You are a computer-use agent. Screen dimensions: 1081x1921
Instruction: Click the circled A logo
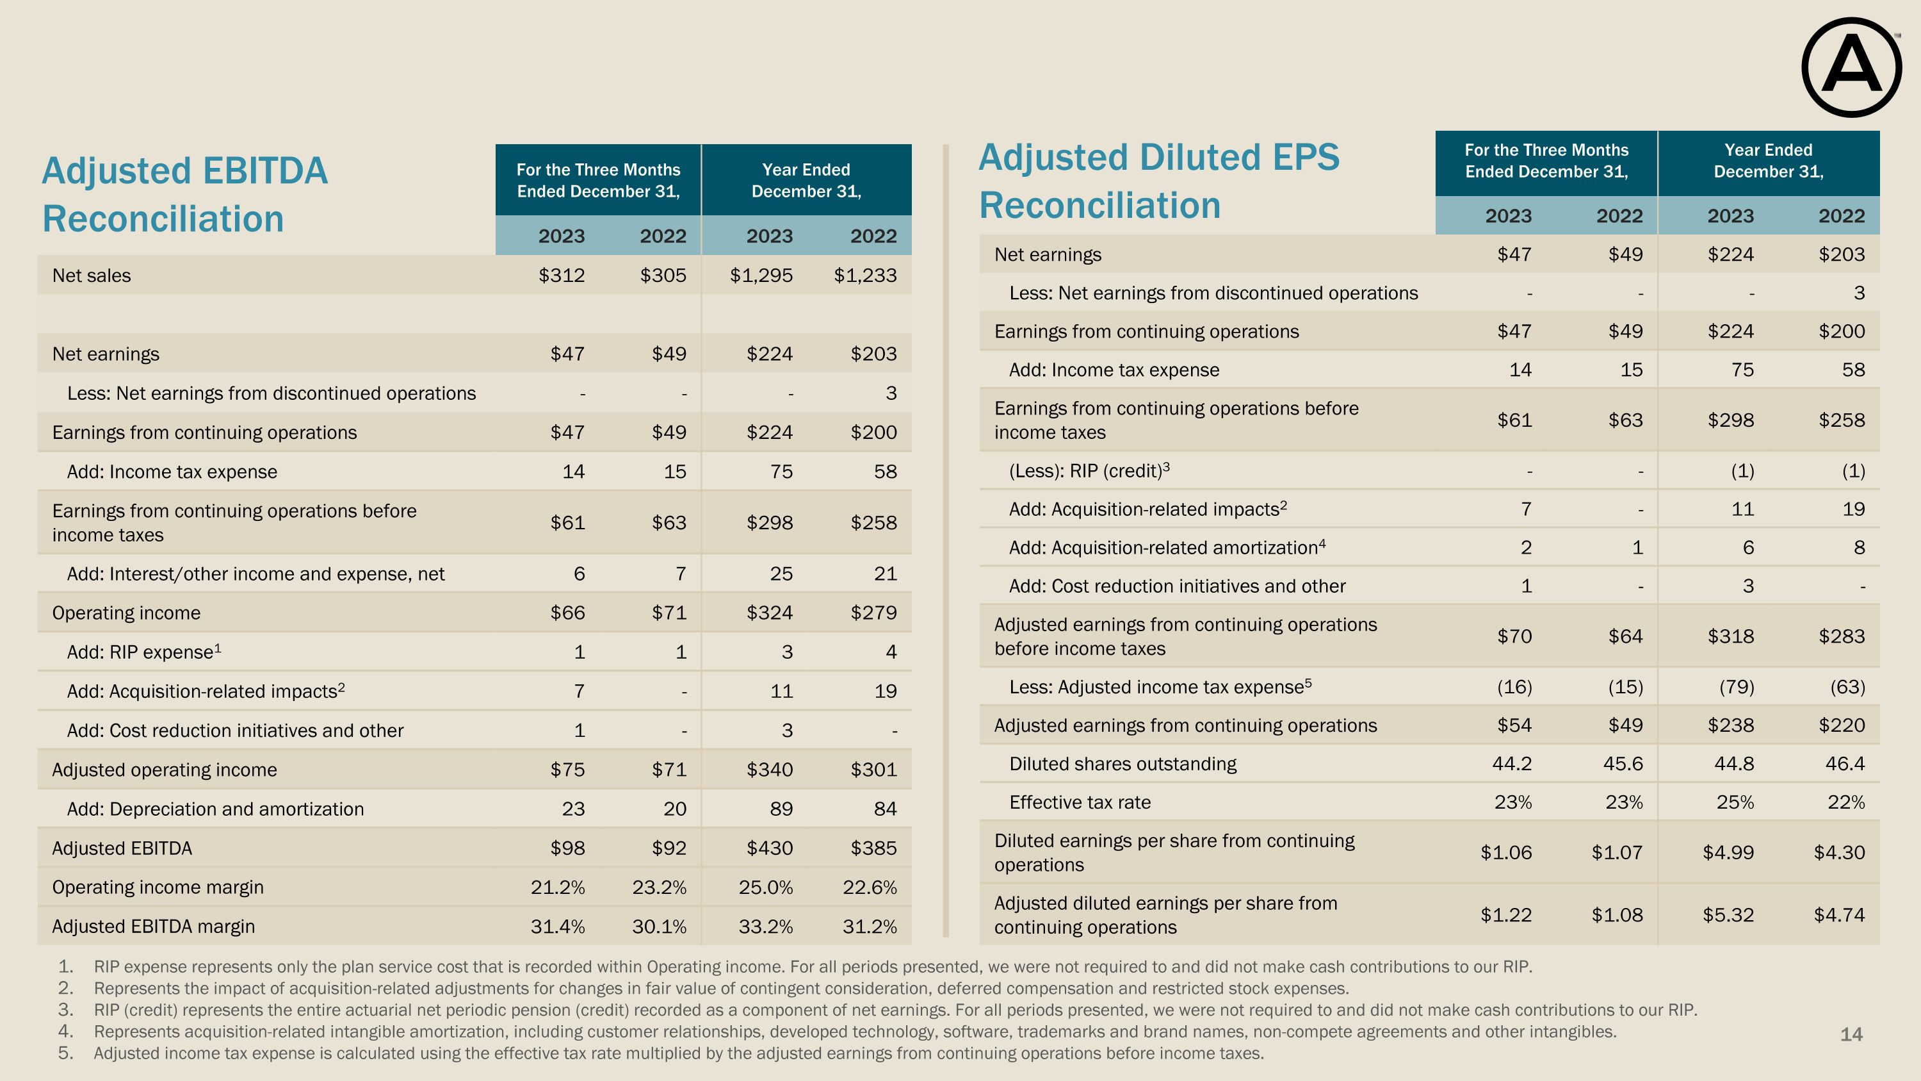[x=1851, y=68]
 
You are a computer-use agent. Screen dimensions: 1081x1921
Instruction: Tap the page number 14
[x=1851, y=1035]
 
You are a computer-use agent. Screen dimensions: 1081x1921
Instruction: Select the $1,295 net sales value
[x=761, y=276]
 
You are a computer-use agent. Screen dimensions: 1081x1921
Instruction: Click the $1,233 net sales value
[x=865, y=276]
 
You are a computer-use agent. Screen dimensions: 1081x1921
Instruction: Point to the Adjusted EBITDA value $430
[x=770, y=848]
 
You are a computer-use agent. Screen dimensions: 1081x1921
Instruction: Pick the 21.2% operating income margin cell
[x=557, y=887]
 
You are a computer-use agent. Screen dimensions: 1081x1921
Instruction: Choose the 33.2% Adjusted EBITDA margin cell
[x=765, y=927]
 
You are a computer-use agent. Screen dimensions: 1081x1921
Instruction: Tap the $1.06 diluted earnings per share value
[x=1505, y=853]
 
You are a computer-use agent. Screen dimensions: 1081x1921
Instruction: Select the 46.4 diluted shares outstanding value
[x=1845, y=764]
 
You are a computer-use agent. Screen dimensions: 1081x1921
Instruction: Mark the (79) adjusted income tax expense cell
[x=1736, y=687]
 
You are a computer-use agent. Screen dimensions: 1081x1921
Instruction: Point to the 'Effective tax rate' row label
[x=1079, y=803]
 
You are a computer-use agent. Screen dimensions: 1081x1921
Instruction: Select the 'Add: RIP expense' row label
[x=143, y=653]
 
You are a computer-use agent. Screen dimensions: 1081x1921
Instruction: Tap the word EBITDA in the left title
[x=264, y=171]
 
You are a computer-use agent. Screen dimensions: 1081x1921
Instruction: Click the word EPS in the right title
[x=1297, y=158]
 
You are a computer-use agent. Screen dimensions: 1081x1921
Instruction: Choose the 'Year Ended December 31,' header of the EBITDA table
[x=806, y=181]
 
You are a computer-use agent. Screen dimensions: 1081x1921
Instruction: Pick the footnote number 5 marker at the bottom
[x=65, y=1053]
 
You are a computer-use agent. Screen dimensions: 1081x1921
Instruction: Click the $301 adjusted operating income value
[x=873, y=770]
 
